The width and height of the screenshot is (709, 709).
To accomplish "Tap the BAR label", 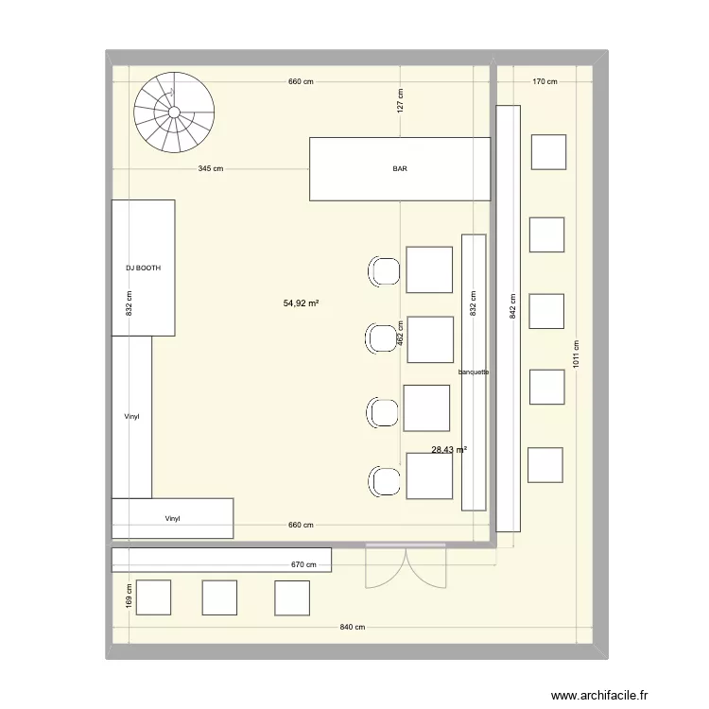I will click(401, 169).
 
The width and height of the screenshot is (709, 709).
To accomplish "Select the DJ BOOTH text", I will click(143, 268).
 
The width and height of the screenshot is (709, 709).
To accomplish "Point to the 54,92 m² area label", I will click(301, 303).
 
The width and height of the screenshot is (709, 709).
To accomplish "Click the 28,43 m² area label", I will click(449, 450).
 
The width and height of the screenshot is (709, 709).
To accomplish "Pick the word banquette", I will click(473, 372).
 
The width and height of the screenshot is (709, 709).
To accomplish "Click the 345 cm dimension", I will click(211, 169).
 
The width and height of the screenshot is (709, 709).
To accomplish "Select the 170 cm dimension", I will click(545, 82).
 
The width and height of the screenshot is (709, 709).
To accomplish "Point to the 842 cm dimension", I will click(512, 307).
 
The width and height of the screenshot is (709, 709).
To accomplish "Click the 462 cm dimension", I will click(400, 332).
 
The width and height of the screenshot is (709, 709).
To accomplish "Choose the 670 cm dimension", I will click(303, 565).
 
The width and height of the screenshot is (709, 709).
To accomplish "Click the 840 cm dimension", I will click(353, 628).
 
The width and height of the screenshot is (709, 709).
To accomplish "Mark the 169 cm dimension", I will click(129, 597).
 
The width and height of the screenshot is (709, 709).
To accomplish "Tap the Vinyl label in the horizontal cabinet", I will click(172, 518).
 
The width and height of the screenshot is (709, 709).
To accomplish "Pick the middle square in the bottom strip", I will click(219, 597).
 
